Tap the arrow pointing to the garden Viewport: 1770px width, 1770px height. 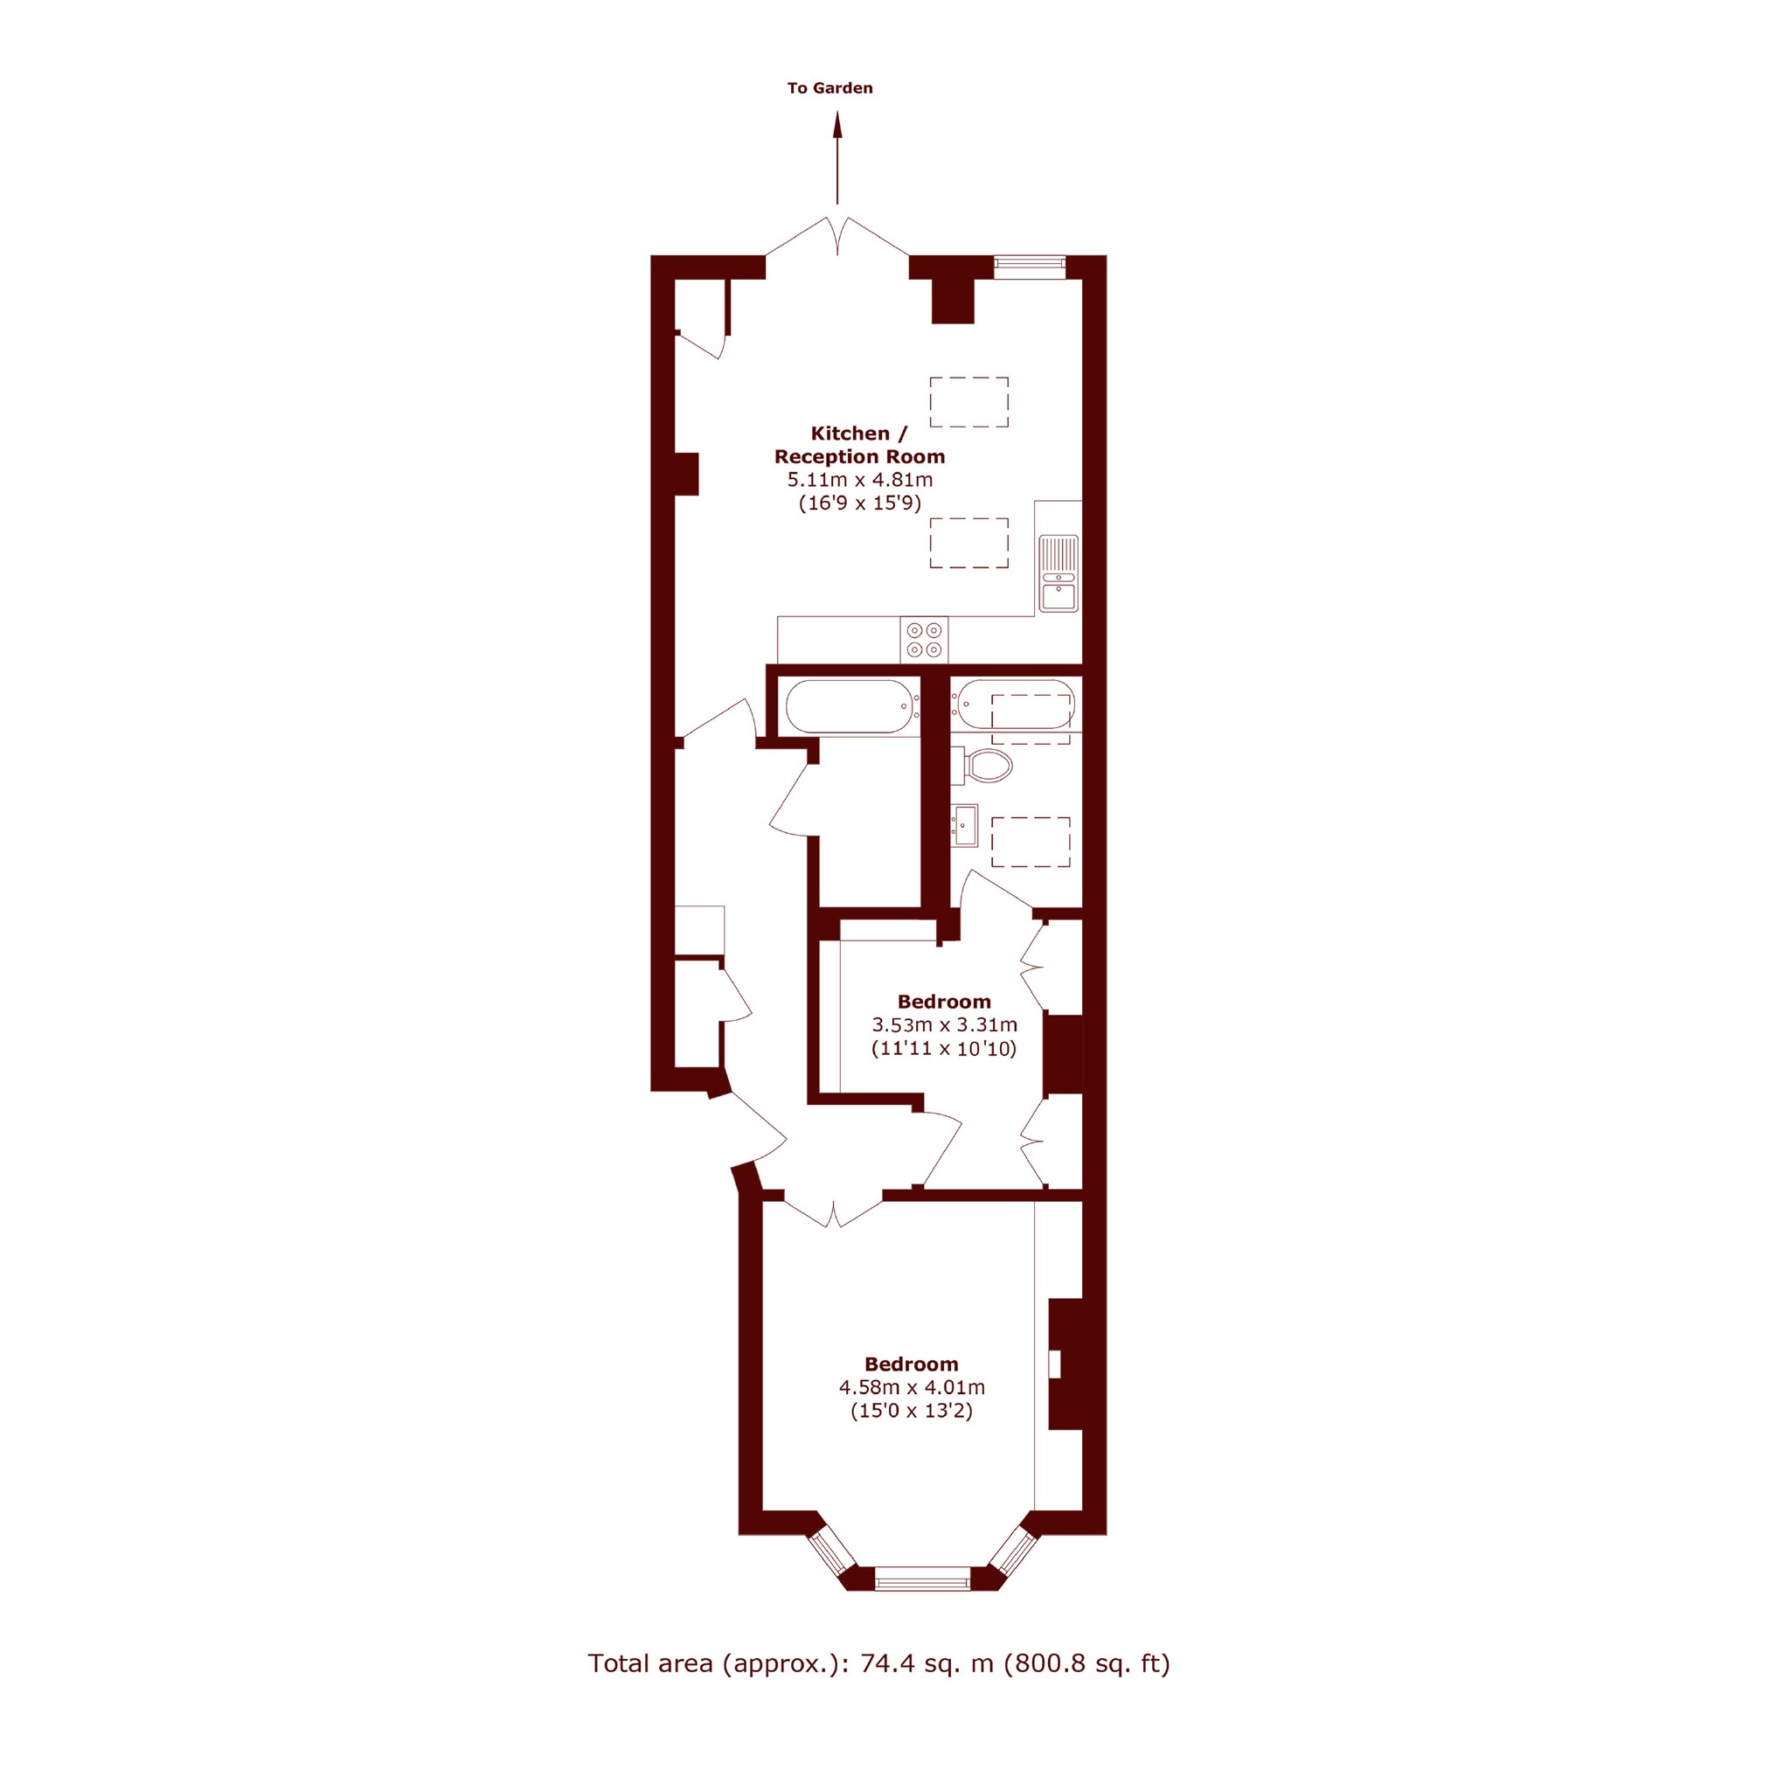(836, 157)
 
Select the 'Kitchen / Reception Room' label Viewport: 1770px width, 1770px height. (859, 444)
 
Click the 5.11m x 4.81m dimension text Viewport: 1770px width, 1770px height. (860, 479)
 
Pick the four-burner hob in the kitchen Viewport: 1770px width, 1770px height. (924, 640)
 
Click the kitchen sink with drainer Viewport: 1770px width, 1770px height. (1059, 573)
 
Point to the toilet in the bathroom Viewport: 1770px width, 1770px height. (982, 766)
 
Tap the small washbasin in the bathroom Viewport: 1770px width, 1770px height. (965, 825)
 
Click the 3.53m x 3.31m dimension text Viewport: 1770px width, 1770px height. (944, 1024)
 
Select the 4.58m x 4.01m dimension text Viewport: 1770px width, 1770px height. (912, 1387)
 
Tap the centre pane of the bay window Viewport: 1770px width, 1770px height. (921, 1579)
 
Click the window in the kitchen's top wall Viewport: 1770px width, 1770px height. (1030, 267)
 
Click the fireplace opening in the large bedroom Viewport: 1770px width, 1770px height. (1054, 1364)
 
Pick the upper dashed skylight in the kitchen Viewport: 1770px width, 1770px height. (969, 402)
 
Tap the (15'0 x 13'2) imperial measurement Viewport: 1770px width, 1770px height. (912, 1411)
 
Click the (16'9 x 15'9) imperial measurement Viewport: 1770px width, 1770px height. (859, 503)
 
